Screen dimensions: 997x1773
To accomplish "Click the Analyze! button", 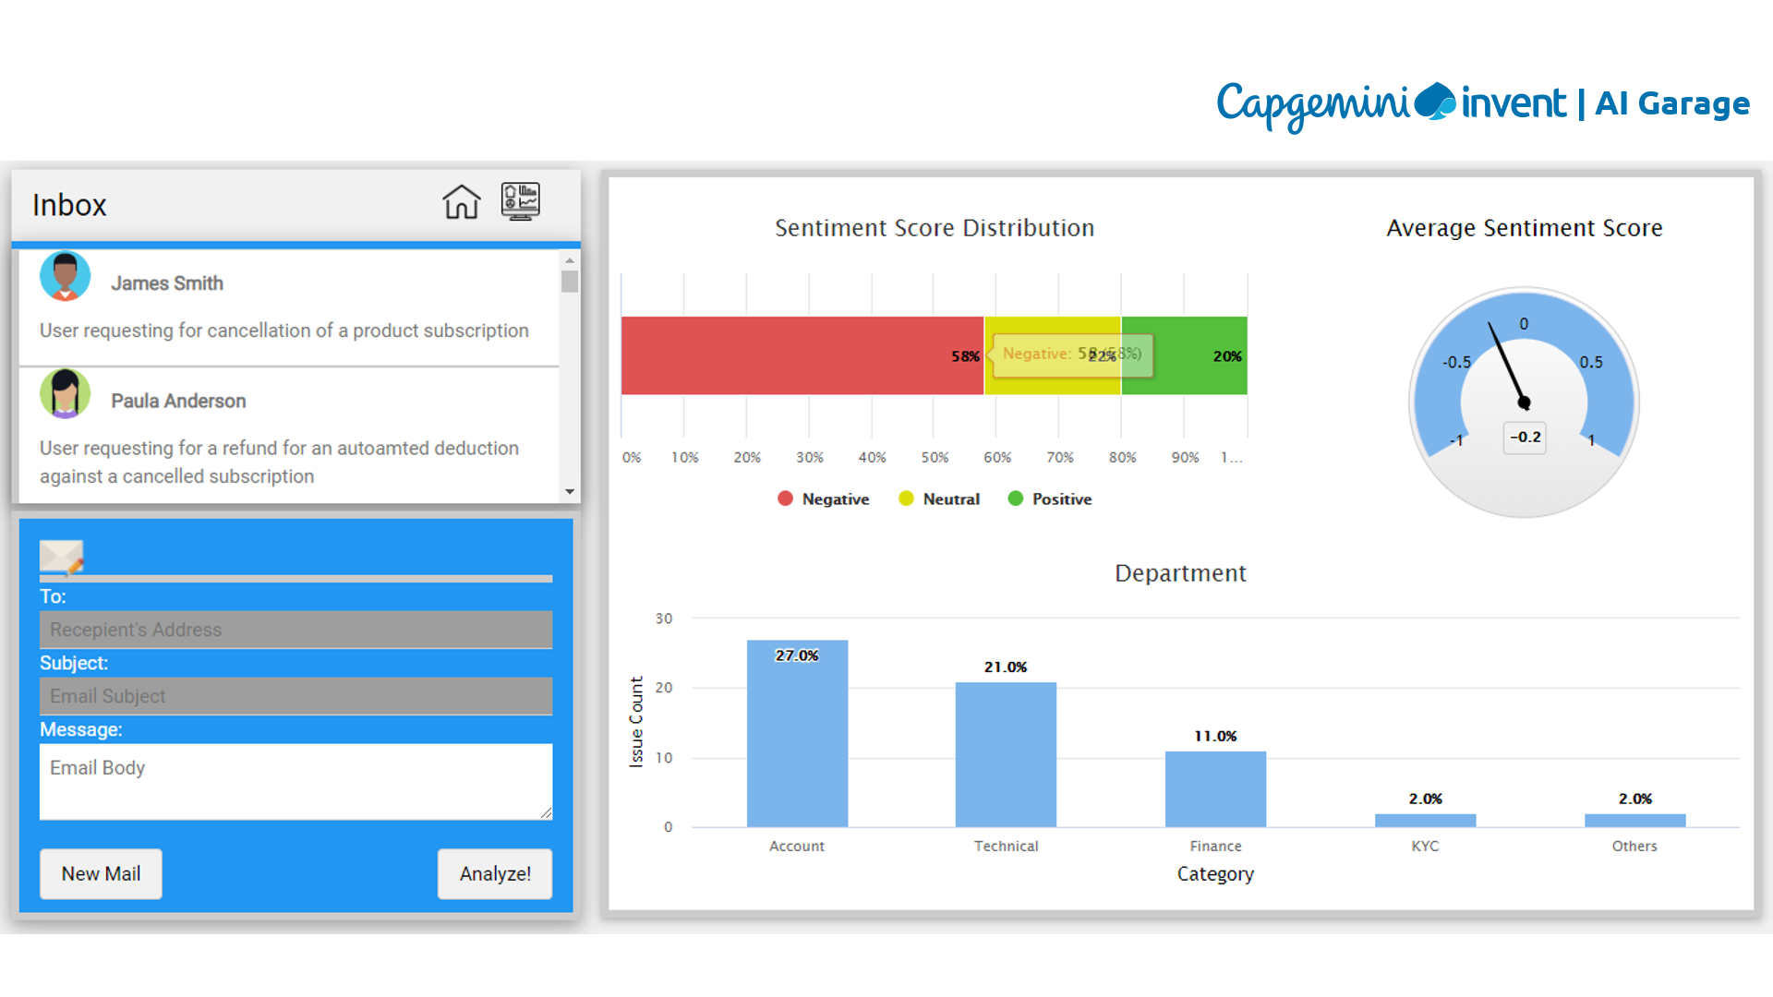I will tap(495, 873).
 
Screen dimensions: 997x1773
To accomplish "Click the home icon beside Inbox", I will tap(461, 202).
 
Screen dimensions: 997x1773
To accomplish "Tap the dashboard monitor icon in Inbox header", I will tap(521, 201).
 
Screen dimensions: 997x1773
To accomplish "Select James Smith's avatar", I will tap(65, 276).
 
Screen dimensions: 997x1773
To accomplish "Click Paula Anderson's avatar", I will tap(65, 394).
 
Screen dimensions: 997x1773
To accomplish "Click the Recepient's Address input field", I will tap(295, 630).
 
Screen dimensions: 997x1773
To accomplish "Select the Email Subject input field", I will tap(295, 696).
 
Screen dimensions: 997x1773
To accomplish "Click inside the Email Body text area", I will tap(295, 781).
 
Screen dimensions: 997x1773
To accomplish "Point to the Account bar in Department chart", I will tap(797, 734).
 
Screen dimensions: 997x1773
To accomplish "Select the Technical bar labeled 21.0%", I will tap(1006, 754).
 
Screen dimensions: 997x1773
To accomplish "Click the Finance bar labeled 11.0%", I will tap(1215, 789).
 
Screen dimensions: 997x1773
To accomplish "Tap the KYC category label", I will tap(1425, 846).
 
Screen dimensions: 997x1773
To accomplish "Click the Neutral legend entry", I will tap(940, 498).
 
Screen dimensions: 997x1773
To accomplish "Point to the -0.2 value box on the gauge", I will tap(1526, 437).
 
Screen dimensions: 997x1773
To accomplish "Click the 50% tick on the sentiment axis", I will tap(935, 457).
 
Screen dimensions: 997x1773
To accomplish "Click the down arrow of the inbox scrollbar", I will tap(570, 492).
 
